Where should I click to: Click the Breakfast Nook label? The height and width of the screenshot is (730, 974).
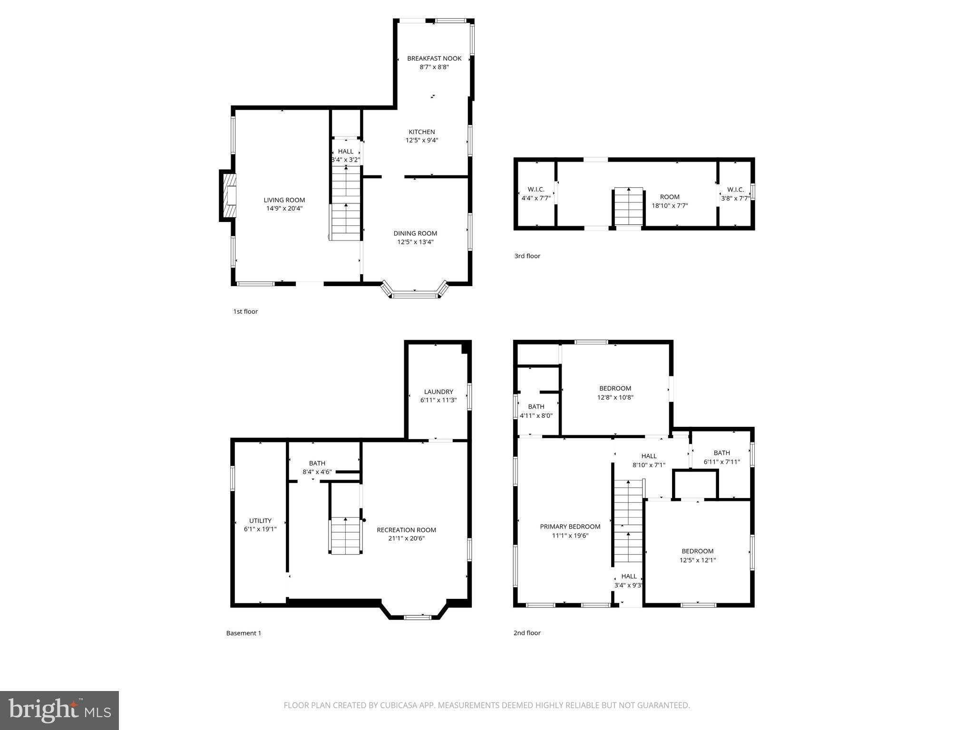tap(434, 58)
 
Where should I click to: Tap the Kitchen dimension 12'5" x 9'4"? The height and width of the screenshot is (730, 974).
tap(421, 140)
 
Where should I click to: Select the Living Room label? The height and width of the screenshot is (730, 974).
tap(284, 200)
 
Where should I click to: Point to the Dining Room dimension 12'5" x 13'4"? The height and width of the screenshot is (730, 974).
tap(415, 242)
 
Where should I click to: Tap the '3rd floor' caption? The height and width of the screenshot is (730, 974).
tap(527, 256)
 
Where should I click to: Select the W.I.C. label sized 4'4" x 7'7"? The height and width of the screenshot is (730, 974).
tap(536, 190)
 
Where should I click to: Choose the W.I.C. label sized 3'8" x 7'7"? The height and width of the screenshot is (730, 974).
tap(735, 190)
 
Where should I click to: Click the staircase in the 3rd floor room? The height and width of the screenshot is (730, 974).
tap(629, 206)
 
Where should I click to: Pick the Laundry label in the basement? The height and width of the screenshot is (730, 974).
tap(438, 392)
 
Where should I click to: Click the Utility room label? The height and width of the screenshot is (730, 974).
tap(260, 520)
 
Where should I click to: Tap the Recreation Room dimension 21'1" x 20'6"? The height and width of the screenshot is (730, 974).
tap(406, 538)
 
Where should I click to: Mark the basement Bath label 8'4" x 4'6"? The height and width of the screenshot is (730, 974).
tap(317, 463)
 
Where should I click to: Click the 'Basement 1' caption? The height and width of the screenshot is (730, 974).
tap(243, 633)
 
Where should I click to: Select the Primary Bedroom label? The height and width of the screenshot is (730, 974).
tap(570, 527)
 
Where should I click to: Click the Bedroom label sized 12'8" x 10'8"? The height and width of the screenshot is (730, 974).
tap(615, 388)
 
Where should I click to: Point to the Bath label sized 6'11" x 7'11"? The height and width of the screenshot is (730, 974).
tap(721, 453)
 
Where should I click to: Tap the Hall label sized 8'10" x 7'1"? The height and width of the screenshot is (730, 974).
tap(649, 456)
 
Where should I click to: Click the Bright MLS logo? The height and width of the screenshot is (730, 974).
tap(59, 710)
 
